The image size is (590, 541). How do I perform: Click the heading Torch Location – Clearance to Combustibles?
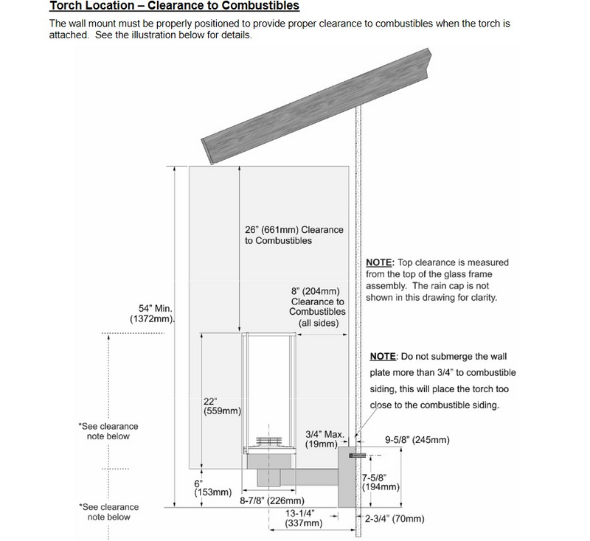(x=174, y=6)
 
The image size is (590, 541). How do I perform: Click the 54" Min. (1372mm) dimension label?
(x=153, y=314)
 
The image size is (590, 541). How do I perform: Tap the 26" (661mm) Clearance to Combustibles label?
(x=294, y=235)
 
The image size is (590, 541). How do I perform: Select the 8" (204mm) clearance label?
(x=317, y=307)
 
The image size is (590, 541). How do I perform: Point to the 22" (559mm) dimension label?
(x=222, y=406)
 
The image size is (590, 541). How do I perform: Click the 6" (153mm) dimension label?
(x=212, y=488)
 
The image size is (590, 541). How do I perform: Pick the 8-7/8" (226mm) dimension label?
(x=272, y=500)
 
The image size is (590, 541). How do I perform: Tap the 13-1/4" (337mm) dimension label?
(x=304, y=518)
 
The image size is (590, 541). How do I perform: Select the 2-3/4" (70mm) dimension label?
(x=395, y=519)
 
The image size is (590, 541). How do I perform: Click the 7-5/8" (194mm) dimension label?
(x=381, y=482)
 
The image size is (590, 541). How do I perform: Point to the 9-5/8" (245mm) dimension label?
(x=417, y=440)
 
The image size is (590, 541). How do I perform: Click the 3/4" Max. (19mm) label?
(x=324, y=439)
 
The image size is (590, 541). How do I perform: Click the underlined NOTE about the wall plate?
(x=383, y=356)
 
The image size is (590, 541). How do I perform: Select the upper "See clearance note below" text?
(x=108, y=431)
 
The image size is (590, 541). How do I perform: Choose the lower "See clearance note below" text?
(x=108, y=512)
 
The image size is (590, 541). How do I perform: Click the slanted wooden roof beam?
(x=316, y=106)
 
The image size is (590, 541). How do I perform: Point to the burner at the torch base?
(x=268, y=442)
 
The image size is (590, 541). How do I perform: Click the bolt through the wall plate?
(x=358, y=456)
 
